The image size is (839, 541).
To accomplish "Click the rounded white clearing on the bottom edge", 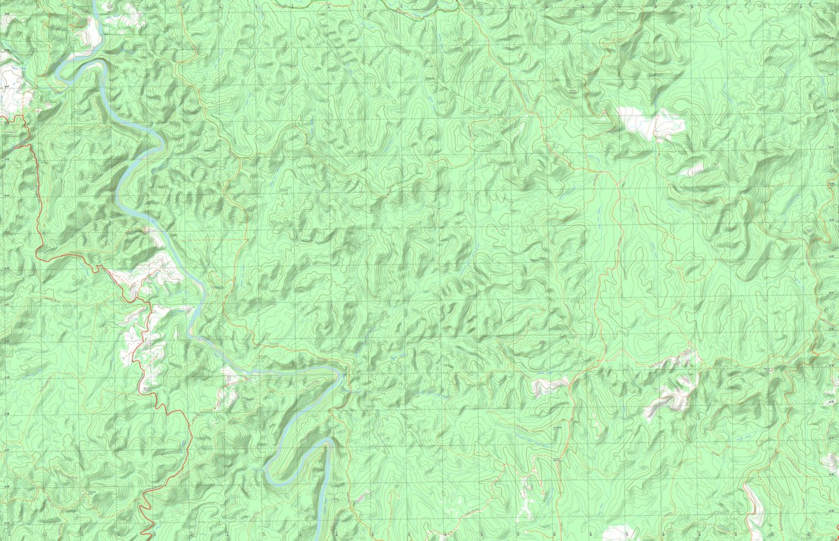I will (618, 533).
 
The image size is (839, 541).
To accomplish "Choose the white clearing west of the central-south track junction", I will (548, 385).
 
